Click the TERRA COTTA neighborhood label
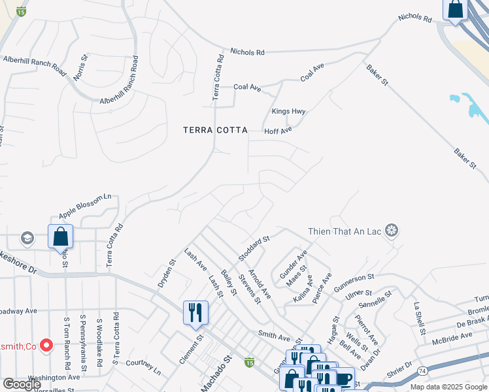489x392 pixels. [215, 131]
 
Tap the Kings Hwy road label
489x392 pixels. [288, 112]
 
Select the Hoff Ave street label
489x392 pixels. [278, 131]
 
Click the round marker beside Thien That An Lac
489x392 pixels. [391, 231]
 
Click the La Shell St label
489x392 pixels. [418, 316]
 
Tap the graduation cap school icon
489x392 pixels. [27, 237]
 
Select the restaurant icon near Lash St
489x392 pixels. [195, 312]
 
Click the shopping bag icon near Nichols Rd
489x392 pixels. [455, 9]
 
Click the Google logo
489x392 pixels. [21, 384]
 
